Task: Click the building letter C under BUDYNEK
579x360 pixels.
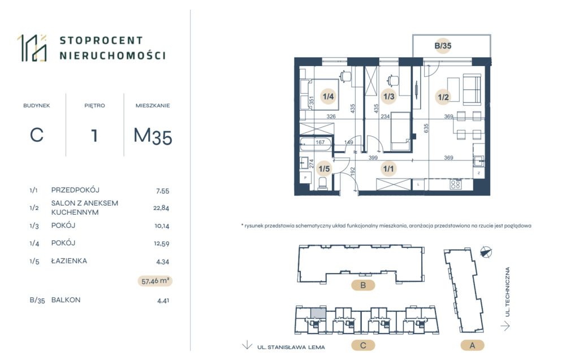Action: (x=37, y=135)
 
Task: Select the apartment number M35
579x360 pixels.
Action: (x=153, y=136)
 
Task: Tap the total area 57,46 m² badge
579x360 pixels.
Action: (x=155, y=281)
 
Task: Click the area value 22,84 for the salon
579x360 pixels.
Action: (x=161, y=208)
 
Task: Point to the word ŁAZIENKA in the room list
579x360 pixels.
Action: (x=69, y=261)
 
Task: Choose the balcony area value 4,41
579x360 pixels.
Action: (x=163, y=301)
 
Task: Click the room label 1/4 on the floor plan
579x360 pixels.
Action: (x=328, y=97)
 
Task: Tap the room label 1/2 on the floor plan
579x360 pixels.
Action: (x=443, y=97)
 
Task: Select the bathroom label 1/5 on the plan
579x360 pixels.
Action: (x=324, y=169)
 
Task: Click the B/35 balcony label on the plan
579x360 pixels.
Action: (x=443, y=46)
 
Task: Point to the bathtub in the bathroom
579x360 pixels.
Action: (x=316, y=144)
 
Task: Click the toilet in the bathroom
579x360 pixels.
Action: (x=322, y=184)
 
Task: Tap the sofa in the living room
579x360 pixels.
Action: (x=472, y=89)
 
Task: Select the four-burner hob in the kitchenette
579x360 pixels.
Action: (x=456, y=184)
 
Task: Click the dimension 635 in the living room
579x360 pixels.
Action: (x=426, y=128)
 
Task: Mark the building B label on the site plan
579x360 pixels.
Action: (x=363, y=285)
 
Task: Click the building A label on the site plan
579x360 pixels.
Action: (x=472, y=346)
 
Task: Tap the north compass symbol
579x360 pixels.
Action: (x=486, y=252)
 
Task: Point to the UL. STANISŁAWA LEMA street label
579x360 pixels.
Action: (x=291, y=347)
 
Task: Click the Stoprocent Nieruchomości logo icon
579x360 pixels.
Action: (x=32, y=48)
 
